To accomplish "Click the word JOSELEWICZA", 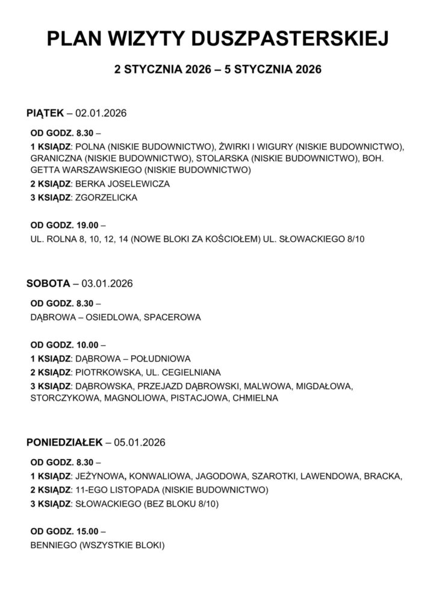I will click(139, 183).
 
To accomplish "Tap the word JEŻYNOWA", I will click(100, 476).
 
